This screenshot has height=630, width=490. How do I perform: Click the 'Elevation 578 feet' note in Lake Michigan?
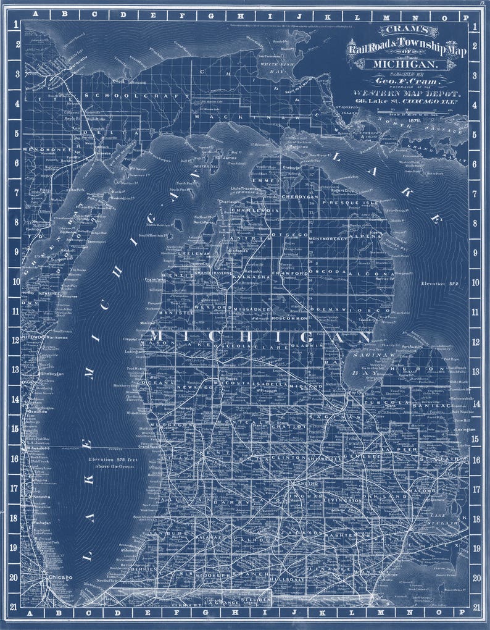click(x=120, y=463)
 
